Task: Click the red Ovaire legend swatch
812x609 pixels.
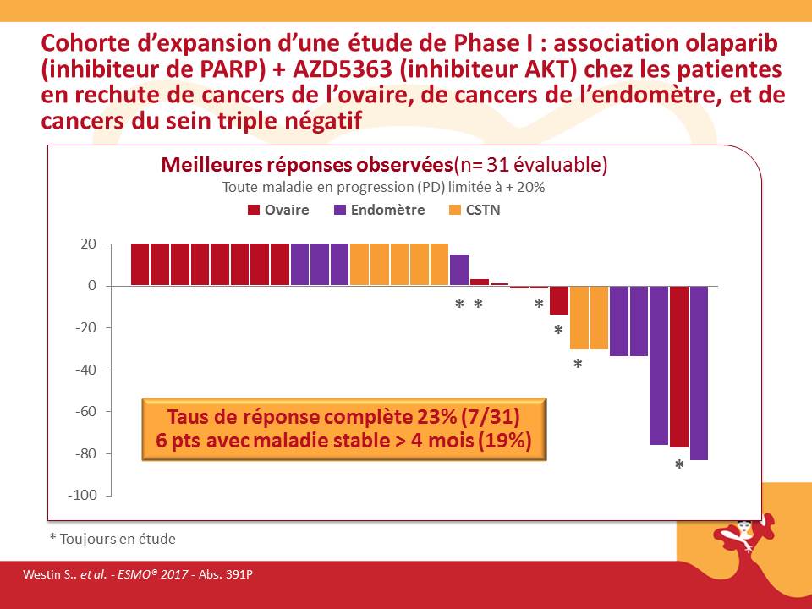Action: point(253,210)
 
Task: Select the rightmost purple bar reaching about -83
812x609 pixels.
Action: point(699,372)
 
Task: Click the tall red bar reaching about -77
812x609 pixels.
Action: point(678,366)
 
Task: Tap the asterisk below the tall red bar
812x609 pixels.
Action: point(678,465)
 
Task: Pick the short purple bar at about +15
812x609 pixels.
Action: point(458,270)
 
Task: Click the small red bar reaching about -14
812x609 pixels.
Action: point(558,300)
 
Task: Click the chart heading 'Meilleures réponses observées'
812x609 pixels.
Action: point(307,164)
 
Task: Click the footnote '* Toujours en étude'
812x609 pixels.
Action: point(112,538)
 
